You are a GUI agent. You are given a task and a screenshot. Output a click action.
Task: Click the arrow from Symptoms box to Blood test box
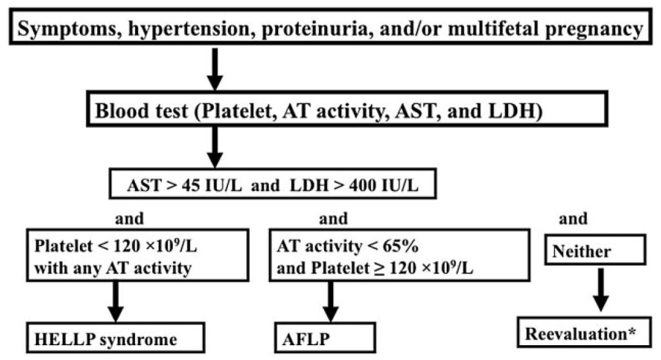click(x=215, y=69)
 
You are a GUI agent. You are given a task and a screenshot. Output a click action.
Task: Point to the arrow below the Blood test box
click(x=215, y=147)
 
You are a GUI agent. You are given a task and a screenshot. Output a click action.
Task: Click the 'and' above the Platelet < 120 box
click(x=129, y=218)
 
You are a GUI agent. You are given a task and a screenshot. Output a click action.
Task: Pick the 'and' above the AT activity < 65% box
click(x=334, y=218)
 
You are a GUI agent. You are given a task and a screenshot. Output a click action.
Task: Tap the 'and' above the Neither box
click(x=573, y=218)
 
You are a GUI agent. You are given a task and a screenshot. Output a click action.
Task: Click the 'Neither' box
click(x=595, y=250)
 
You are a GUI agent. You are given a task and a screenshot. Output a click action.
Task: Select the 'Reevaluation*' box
click(x=584, y=334)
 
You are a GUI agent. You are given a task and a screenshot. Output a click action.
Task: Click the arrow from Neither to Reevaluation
click(x=600, y=290)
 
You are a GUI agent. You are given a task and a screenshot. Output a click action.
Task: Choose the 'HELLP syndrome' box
click(x=116, y=337)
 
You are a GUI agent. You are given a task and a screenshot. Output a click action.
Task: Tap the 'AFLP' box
click(x=325, y=337)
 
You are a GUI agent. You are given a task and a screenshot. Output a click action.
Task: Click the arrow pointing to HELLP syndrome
click(x=116, y=302)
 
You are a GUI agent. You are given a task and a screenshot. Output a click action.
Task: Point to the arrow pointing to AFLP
click(x=330, y=302)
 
